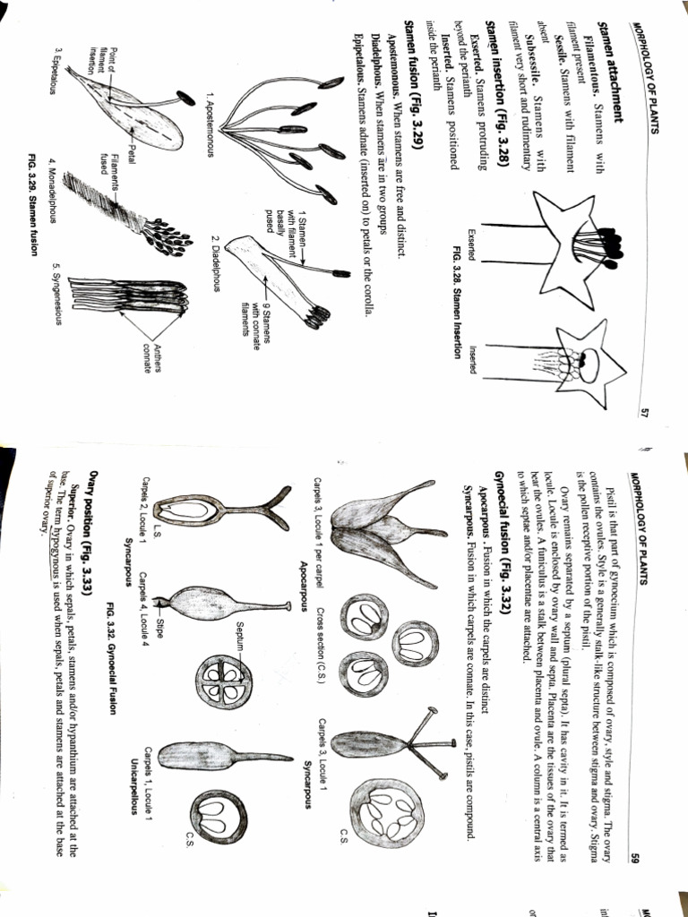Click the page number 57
pyautogui.click(x=643, y=413)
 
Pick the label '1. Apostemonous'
pyautogui.click(x=210, y=124)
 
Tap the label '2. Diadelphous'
pyautogui.click(x=216, y=264)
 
